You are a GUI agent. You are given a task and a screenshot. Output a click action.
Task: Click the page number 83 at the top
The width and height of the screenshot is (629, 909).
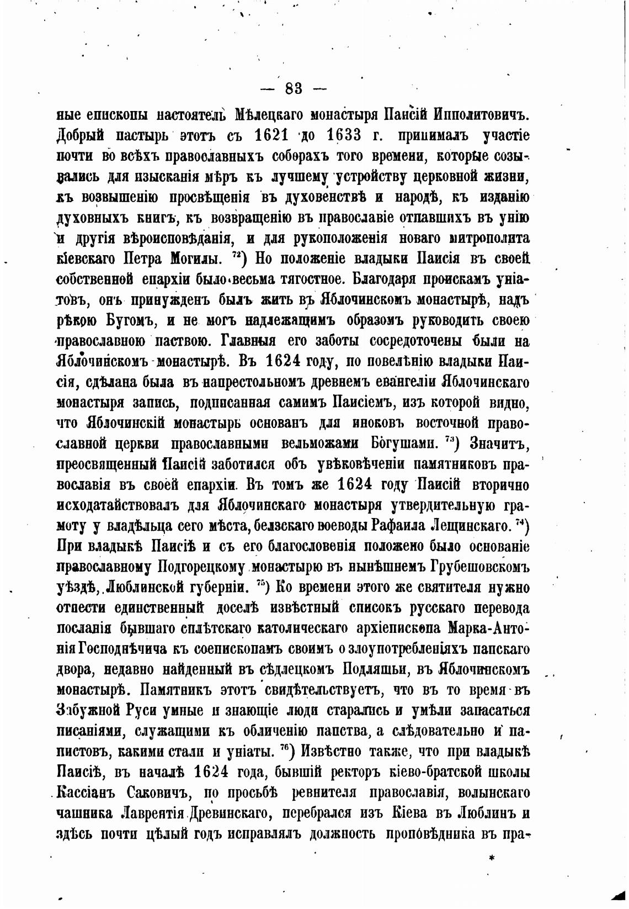coord(293,88)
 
